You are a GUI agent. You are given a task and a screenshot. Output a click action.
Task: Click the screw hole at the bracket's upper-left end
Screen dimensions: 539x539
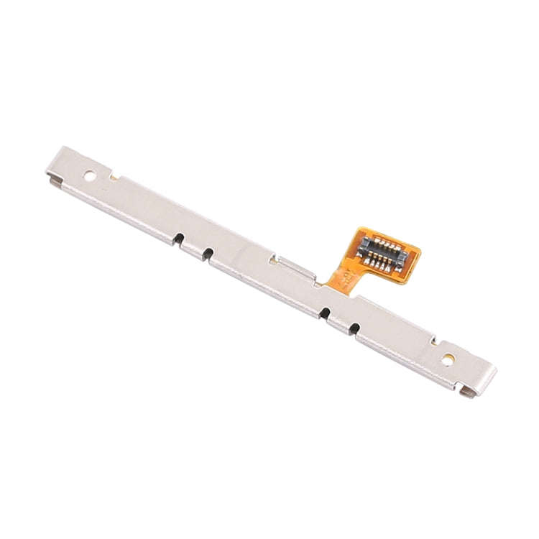click(x=89, y=175)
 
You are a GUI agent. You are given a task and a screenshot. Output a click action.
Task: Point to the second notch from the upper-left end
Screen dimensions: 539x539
click(x=208, y=252)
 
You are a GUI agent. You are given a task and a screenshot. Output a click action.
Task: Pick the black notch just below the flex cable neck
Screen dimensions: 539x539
click(x=325, y=312)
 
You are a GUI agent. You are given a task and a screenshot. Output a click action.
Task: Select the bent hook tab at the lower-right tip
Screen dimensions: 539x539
click(x=468, y=392)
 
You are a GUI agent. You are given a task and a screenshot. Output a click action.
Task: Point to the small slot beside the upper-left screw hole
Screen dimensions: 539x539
click(x=114, y=174)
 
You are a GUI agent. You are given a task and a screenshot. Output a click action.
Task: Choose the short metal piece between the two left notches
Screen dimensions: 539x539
click(x=193, y=248)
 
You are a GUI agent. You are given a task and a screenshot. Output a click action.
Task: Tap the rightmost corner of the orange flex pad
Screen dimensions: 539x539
click(x=420, y=252)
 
